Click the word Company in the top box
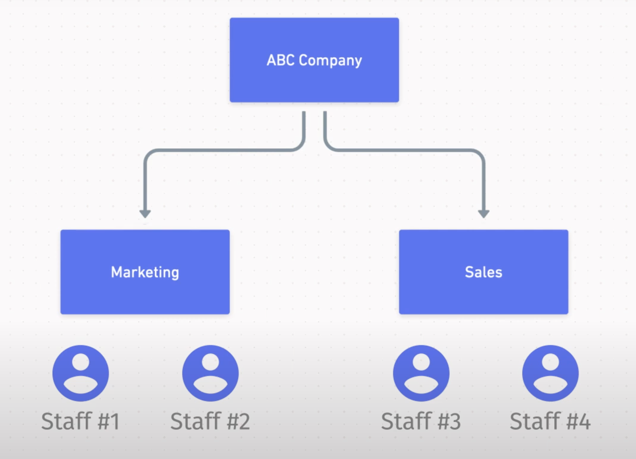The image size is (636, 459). pyautogui.click(x=330, y=61)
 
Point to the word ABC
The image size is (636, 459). pyautogui.click(x=280, y=60)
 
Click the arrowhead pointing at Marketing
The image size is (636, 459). pyautogui.click(x=145, y=214)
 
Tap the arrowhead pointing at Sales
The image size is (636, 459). pyautogui.click(x=484, y=214)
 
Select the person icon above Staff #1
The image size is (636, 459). pyautogui.click(x=81, y=373)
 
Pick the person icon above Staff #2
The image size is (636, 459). pyautogui.click(x=210, y=373)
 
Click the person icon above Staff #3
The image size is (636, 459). pyautogui.click(x=421, y=373)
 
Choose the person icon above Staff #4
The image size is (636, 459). pyautogui.click(x=550, y=373)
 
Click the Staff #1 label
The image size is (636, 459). pyautogui.click(x=81, y=421)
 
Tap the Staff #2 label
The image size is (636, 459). pyautogui.click(x=210, y=421)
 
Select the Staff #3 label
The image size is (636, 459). pyautogui.click(x=421, y=421)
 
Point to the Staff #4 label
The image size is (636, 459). pyautogui.click(x=550, y=421)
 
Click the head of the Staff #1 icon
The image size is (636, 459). pyautogui.click(x=81, y=362)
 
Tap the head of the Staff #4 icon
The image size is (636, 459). pyautogui.click(x=550, y=362)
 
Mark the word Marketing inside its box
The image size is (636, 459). pyautogui.click(x=145, y=272)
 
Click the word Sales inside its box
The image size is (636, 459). pyautogui.click(x=484, y=272)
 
